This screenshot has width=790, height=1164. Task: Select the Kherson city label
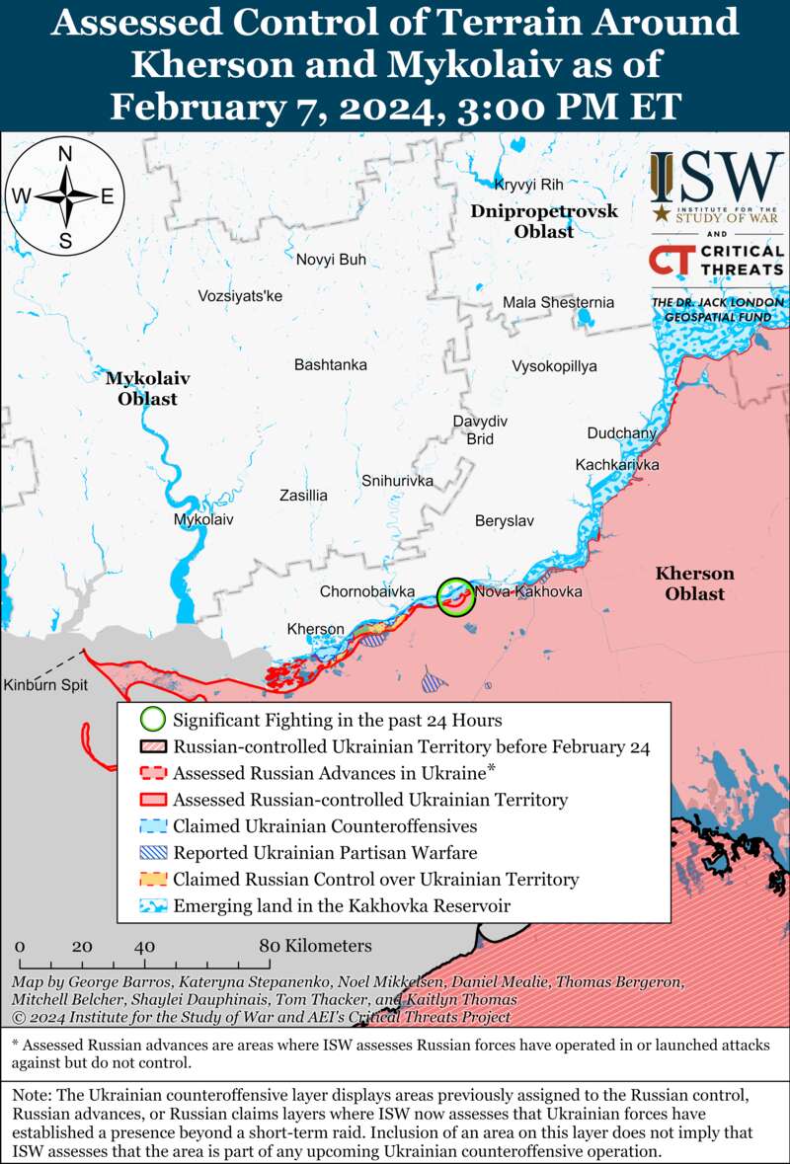pos(315,629)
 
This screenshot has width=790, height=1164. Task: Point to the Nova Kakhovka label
pos(528,591)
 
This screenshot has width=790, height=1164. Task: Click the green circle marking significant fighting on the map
pos(456,597)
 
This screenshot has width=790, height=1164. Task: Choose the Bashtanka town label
pos(331,364)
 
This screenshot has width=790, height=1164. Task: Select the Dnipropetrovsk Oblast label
pos(544,221)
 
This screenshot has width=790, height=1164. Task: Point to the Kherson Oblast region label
pos(694,583)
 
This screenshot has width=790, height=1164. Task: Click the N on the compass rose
pos(65,154)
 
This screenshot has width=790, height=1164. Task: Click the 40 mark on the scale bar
pos(145,946)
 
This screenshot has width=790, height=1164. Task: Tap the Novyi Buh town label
pos(331,260)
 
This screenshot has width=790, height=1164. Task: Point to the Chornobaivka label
pos(366,591)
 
